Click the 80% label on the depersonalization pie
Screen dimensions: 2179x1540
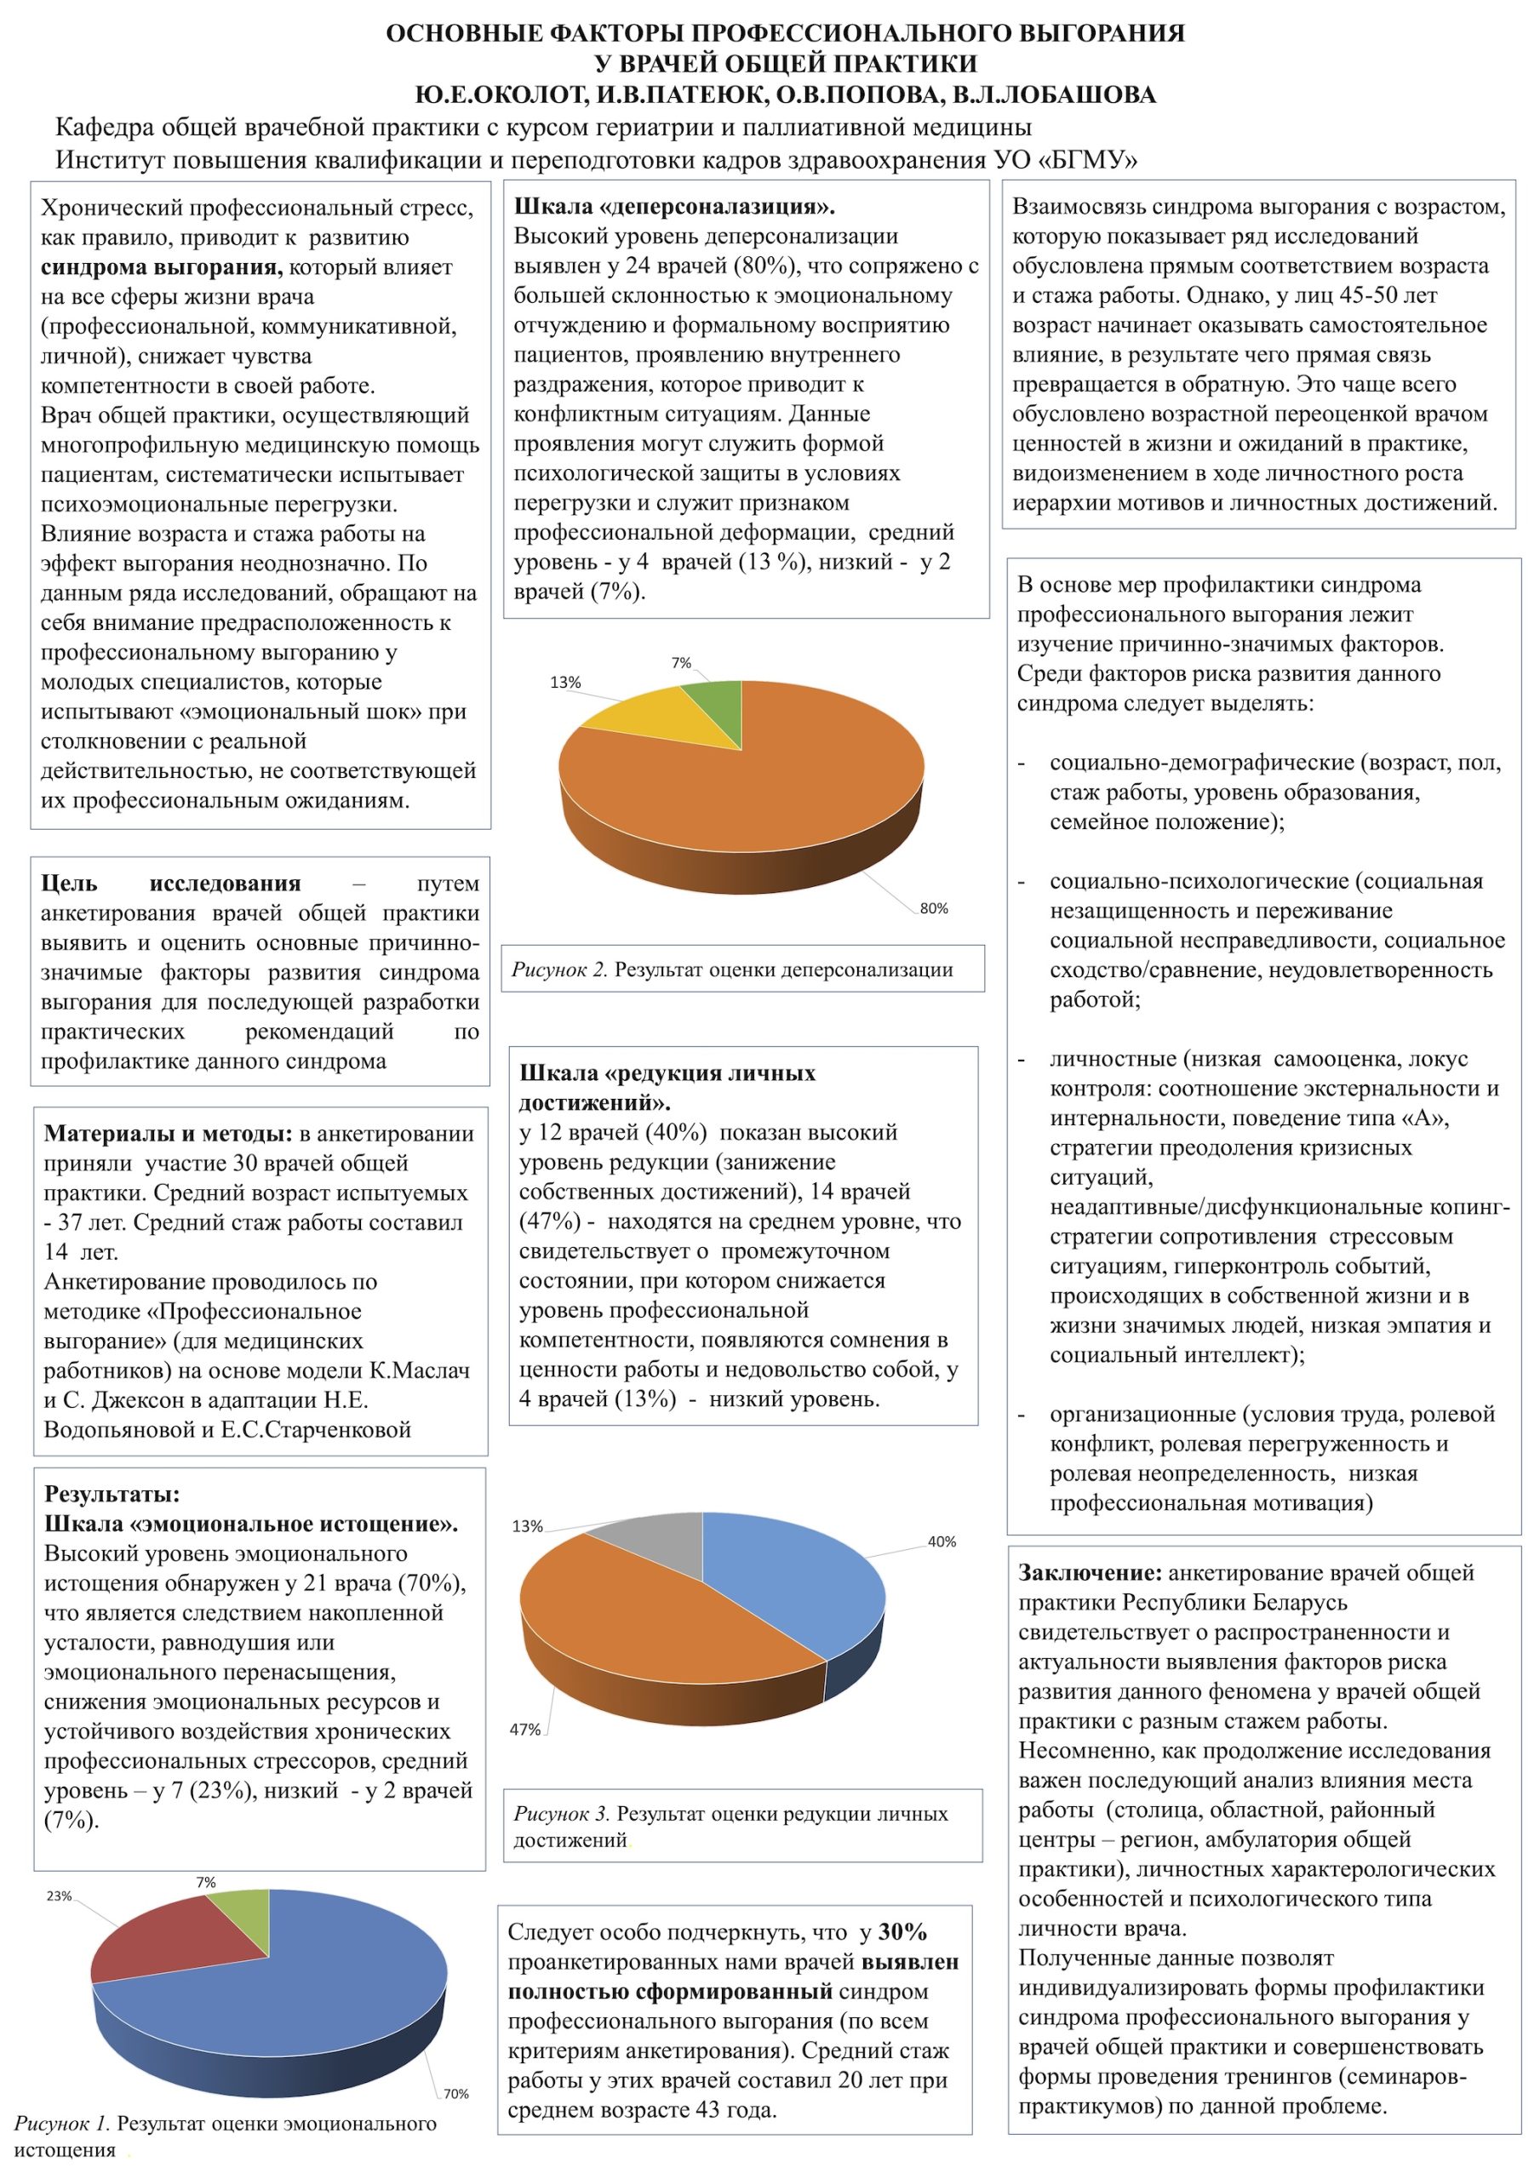tap(933, 908)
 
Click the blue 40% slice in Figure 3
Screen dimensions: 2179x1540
tap(798, 1576)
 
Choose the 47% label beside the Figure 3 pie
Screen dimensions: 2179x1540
tap(525, 1729)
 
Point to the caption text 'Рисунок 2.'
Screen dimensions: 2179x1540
tap(559, 969)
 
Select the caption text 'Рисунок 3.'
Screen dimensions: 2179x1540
tap(561, 1814)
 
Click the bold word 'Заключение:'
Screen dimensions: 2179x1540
tap(1090, 1573)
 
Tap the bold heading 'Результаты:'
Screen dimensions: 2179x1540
tap(112, 1494)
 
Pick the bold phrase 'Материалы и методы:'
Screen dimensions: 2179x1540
tap(168, 1133)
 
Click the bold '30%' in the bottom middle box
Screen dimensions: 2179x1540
tap(903, 1931)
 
